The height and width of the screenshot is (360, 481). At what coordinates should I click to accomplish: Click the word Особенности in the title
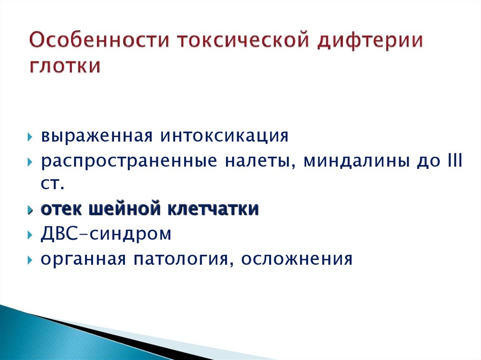coord(100,40)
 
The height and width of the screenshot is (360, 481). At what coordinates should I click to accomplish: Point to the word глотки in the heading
coord(65,66)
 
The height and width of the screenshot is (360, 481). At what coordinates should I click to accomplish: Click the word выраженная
coord(97,136)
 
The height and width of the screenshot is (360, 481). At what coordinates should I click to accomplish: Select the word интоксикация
coord(224,136)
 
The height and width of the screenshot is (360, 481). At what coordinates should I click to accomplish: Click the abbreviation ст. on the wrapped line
coord(53,184)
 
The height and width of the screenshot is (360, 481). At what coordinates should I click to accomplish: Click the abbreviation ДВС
coord(59,233)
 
